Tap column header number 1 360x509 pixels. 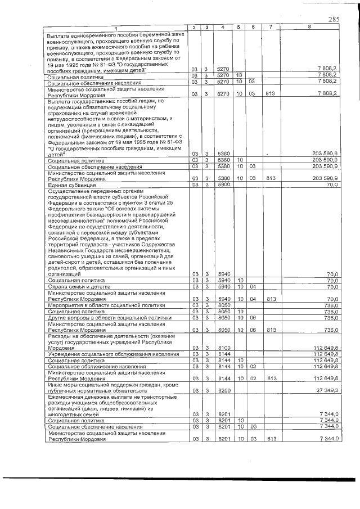click(x=116, y=28)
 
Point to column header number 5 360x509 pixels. click(x=238, y=28)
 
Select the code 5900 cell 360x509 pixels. click(x=223, y=184)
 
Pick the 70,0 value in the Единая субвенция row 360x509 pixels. click(x=331, y=184)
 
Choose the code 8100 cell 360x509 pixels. click(x=223, y=348)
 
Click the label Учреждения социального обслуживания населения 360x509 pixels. click(x=113, y=354)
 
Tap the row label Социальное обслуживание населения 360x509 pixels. click(x=93, y=367)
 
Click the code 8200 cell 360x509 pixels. click(x=223, y=390)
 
